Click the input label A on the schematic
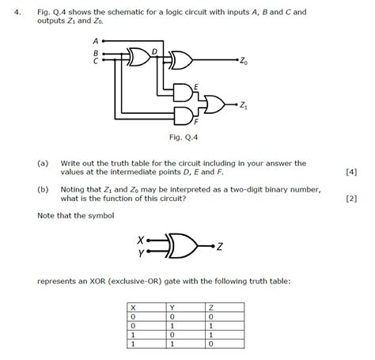pyautogui.click(x=95, y=40)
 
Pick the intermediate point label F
pyautogui.click(x=195, y=124)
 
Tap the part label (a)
pyautogui.click(x=43, y=163)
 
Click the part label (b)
pyautogui.click(x=43, y=190)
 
